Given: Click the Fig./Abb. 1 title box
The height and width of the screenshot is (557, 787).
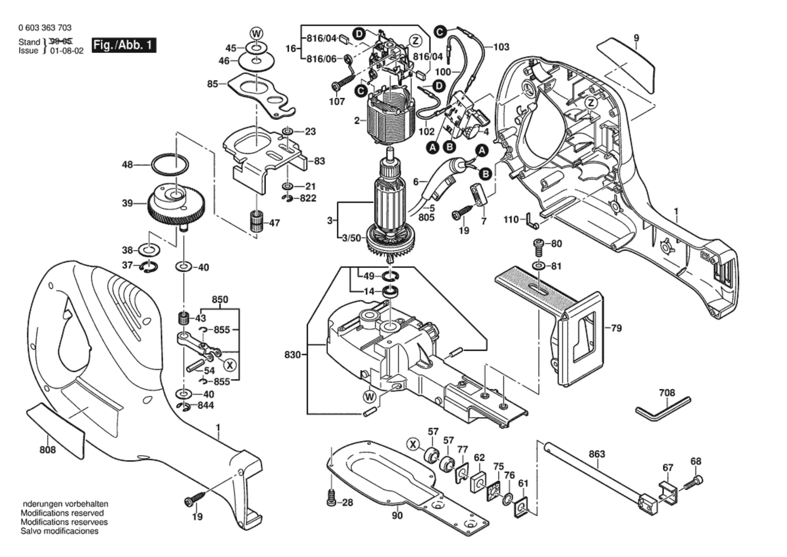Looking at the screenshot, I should [124, 45].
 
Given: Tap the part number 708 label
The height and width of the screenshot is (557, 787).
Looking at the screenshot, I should [667, 393].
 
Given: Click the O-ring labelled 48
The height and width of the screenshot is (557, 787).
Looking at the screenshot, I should [170, 164].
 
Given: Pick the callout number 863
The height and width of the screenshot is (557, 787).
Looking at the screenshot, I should [596, 454].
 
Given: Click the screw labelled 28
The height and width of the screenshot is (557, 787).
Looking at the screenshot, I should [331, 498].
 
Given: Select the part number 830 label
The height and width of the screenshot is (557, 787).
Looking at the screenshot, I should [293, 355].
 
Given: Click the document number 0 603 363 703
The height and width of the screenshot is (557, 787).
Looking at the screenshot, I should [45, 28].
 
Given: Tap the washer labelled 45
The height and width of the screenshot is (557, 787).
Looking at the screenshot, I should [256, 48].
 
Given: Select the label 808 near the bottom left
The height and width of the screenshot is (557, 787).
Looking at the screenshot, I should [47, 450].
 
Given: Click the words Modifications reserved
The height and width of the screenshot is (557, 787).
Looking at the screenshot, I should [62, 513].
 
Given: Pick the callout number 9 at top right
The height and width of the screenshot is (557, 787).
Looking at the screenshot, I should [636, 38].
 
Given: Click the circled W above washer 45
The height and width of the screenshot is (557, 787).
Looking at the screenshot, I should [257, 34].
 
